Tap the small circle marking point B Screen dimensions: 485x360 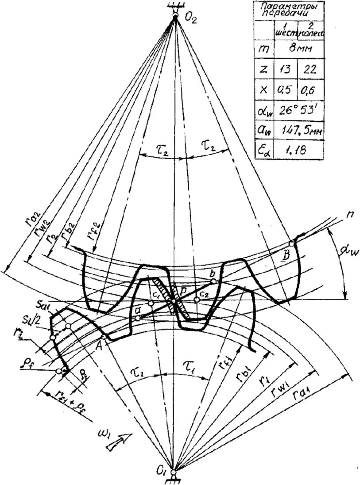click(x=291, y=244)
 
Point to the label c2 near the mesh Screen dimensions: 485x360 click(x=204, y=293)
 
